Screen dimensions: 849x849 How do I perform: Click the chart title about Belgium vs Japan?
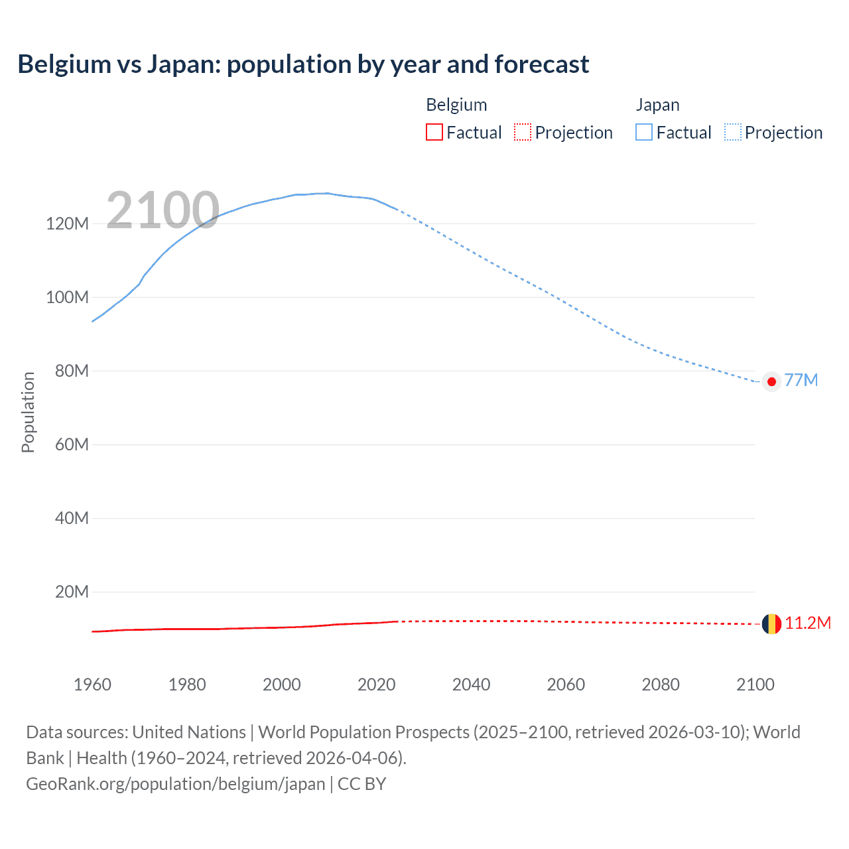click(x=303, y=64)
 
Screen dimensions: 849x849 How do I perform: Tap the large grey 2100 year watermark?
click(x=163, y=210)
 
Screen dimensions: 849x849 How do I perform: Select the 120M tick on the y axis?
click(x=67, y=224)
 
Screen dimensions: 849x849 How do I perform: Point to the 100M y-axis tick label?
click(x=67, y=297)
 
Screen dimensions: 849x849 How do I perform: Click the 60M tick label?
click(x=72, y=444)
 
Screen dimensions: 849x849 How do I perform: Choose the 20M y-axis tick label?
click(x=72, y=592)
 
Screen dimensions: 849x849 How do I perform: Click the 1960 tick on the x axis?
click(x=92, y=685)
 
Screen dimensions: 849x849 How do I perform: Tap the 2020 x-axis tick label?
click(x=376, y=685)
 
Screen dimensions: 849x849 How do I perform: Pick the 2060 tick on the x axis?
click(x=566, y=685)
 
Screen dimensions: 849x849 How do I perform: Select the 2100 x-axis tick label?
click(x=755, y=685)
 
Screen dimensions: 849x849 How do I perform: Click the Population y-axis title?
click(x=28, y=412)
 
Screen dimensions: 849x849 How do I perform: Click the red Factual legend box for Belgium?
click(x=434, y=132)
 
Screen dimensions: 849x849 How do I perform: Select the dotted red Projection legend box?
click(x=523, y=132)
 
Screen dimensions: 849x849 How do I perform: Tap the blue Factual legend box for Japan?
click(x=644, y=132)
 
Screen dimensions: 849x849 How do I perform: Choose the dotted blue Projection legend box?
click(x=732, y=132)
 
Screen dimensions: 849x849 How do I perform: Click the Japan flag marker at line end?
click(x=771, y=381)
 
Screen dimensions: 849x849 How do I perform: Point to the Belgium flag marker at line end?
click(x=771, y=624)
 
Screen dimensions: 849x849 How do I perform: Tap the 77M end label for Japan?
click(x=801, y=380)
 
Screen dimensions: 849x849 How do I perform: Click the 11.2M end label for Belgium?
click(x=807, y=623)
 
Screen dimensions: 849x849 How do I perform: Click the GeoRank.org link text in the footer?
click(x=176, y=784)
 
